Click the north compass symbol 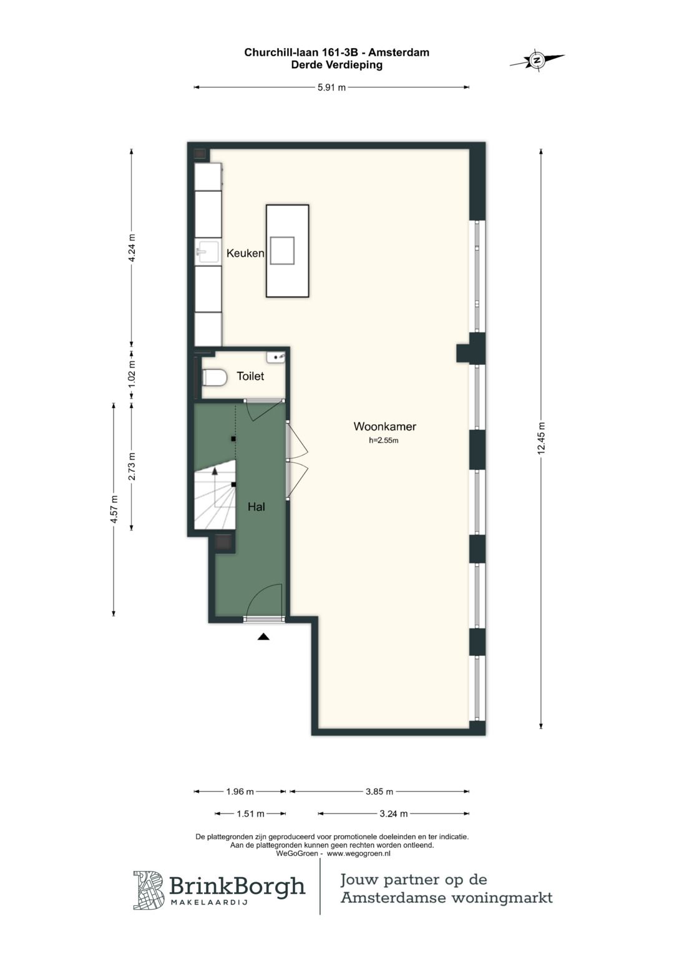pyautogui.click(x=537, y=60)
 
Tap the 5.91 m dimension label pyautogui.click(x=331, y=87)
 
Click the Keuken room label pyautogui.click(x=245, y=254)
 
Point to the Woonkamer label pyautogui.click(x=384, y=426)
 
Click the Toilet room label pyautogui.click(x=250, y=376)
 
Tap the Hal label pyautogui.click(x=256, y=507)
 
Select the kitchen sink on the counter pyautogui.click(x=207, y=252)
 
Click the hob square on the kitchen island pyautogui.click(x=283, y=251)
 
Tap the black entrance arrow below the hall pyautogui.click(x=264, y=637)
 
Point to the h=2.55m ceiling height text pyautogui.click(x=383, y=440)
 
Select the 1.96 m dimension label pyautogui.click(x=240, y=792)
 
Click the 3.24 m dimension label pyautogui.click(x=394, y=814)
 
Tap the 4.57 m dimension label pyautogui.click(x=114, y=509)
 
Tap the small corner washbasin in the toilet pyautogui.click(x=276, y=357)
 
